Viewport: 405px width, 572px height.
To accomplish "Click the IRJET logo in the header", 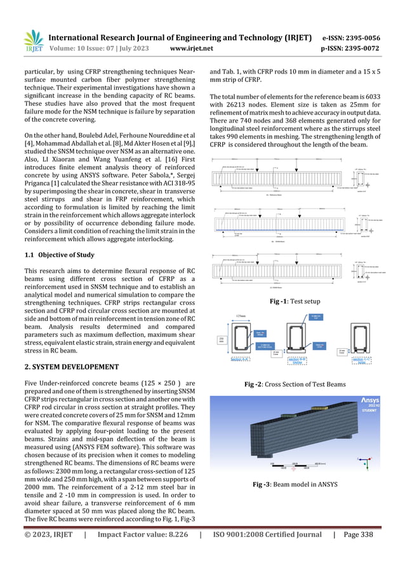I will pyautogui.click(x=30, y=42).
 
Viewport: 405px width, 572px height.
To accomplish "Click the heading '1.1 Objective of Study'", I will pyautogui.click(x=60, y=255).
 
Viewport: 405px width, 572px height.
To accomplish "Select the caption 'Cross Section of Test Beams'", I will pyautogui.click(x=304, y=385).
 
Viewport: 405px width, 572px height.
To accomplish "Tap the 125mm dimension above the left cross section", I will pyautogui.click(x=240, y=316).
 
